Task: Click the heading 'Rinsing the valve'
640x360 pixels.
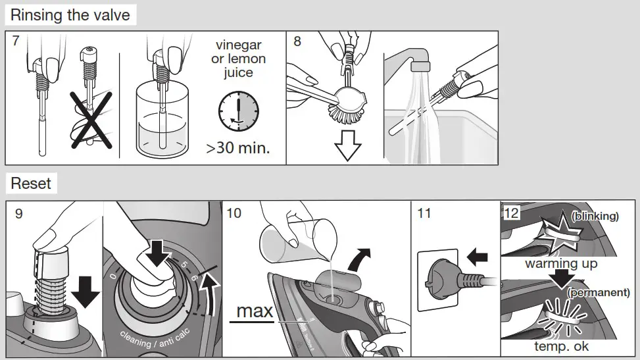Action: (x=70, y=14)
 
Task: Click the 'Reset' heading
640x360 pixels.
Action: (x=31, y=183)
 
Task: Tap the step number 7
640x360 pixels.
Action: (x=16, y=41)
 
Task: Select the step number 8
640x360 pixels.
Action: (x=297, y=41)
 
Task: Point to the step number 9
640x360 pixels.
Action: (x=18, y=213)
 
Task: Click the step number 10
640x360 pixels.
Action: (x=234, y=213)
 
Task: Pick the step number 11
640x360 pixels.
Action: (x=424, y=213)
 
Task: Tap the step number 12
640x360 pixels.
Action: (x=510, y=213)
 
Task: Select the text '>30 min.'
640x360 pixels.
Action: (x=237, y=147)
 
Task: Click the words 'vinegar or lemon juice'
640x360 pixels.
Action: (x=238, y=59)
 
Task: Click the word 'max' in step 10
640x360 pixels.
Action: (x=254, y=311)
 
